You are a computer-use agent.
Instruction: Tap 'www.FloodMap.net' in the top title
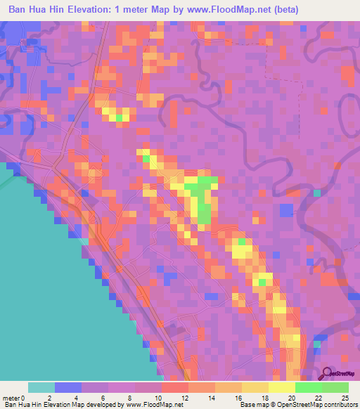[x=224, y=10]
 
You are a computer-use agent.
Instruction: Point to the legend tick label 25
[x=344, y=398]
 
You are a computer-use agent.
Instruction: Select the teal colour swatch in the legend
[x=41, y=387]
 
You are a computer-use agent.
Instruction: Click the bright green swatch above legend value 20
[x=309, y=387]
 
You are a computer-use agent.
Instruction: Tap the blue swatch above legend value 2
[x=68, y=387]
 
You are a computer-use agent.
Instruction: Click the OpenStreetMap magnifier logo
[x=328, y=375]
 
